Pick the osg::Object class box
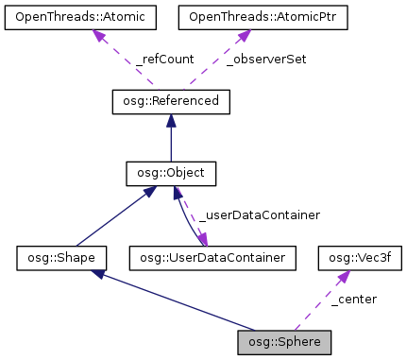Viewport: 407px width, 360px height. click(x=171, y=174)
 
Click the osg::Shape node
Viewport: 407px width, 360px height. click(x=60, y=256)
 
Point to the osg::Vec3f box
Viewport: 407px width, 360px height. click(x=352, y=256)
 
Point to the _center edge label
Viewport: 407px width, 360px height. click(x=354, y=299)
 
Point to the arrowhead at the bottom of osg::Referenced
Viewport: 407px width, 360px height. click(x=171, y=121)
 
